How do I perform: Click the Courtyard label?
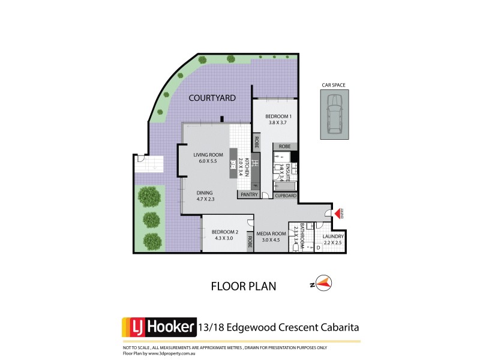(212, 98)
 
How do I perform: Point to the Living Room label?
(208, 155)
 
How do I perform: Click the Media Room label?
(272, 234)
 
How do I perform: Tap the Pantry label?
(249, 195)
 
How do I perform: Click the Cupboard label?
(285, 196)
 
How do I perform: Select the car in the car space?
(332, 115)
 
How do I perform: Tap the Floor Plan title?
(244, 286)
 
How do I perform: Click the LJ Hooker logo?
(159, 327)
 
